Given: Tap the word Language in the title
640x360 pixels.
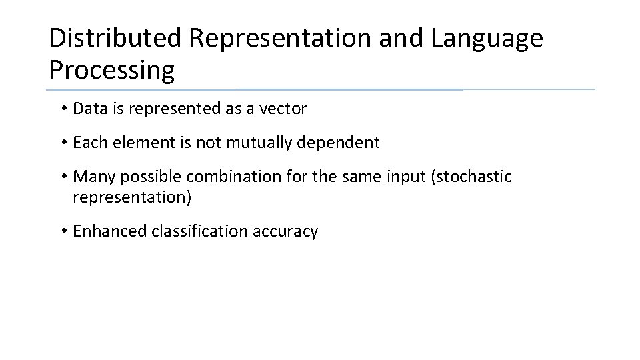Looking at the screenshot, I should (x=487, y=39).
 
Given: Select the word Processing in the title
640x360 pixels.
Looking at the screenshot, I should (x=112, y=69).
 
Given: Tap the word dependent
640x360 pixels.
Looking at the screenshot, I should (x=346, y=143).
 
